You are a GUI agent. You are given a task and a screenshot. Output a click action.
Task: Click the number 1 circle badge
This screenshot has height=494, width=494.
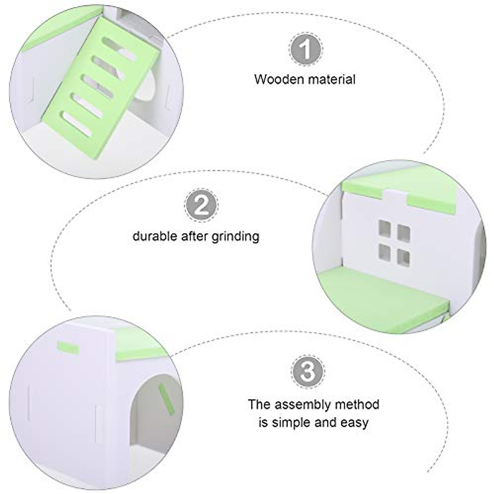(x=305, y=49)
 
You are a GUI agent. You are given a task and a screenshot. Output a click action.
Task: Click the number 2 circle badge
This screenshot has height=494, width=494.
(x=201, y=205)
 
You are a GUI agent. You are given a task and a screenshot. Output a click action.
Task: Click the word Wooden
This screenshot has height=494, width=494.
(x=278, y=79)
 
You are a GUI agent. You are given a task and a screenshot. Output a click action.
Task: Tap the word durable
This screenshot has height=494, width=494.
(x=155, y=236)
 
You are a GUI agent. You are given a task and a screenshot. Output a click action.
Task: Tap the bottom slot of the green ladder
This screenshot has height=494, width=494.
(x=77, y=123)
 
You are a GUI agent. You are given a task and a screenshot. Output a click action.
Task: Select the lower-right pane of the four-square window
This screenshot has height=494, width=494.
(x=403, y=258)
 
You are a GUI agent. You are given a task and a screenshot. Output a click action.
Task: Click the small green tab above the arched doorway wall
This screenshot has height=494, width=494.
(x=68, y=347)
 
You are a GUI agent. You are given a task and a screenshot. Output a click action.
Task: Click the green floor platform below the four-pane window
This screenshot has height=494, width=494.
(x=383, y=292)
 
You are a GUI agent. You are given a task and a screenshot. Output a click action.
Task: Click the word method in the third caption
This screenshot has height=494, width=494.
(x=357, y=404)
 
